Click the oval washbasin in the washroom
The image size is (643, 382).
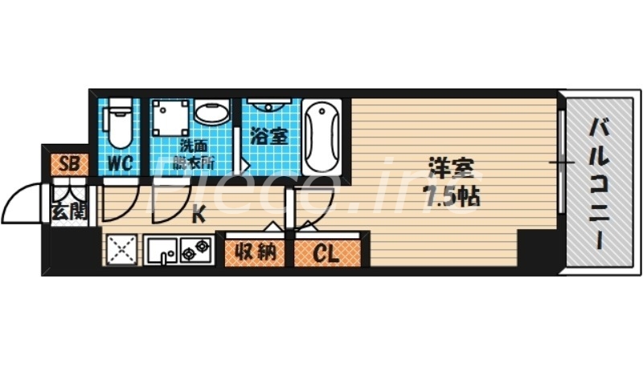click(x=211, y=113)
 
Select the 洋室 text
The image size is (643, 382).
click(x=451, y=171)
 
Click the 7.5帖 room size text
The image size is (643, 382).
click(x=451, y=196)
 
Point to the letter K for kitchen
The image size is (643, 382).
click(x=198, y=214)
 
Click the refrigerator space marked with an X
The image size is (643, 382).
click(x=121, y=250)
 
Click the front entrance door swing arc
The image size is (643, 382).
click(x=24, y=197)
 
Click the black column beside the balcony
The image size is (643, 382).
click(x=533, y=249)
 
